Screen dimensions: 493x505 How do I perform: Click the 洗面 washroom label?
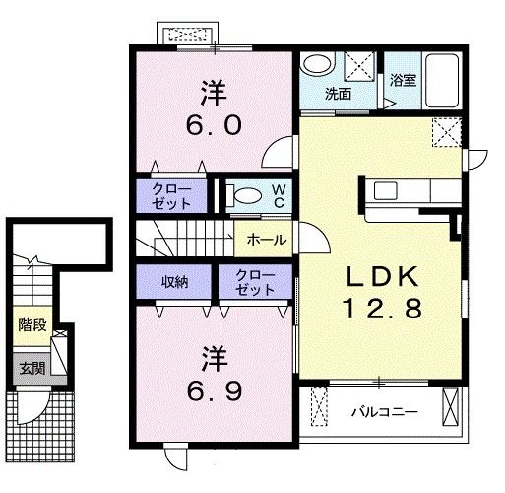pyautogui.click(x=339, y=95)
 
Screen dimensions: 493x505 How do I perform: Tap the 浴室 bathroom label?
pyautogui.click(x=403, y=81)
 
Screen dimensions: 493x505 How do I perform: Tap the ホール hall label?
pyautogui.click(x=267, y=239)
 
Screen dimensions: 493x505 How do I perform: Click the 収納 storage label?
pyautogui.click(x=175, y=281)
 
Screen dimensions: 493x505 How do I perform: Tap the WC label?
pyautogui.click(x=279, y=194)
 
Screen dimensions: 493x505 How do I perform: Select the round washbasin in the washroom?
pyautogui.click(x=317, y=65)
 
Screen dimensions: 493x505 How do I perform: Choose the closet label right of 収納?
pyautogui.click(x=255, y=281)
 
